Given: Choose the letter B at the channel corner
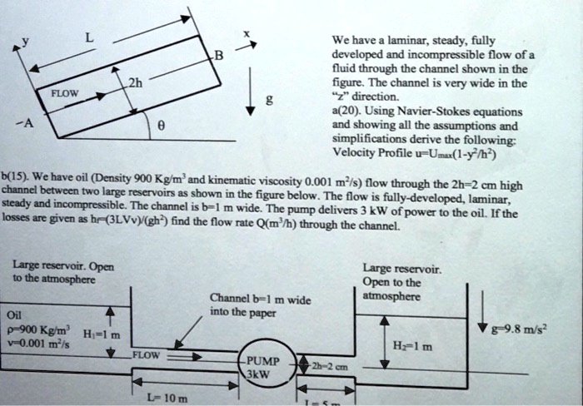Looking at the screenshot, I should point(219,56).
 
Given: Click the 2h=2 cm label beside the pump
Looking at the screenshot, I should point(329,366).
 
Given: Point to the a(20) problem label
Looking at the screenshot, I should point(348,111).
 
